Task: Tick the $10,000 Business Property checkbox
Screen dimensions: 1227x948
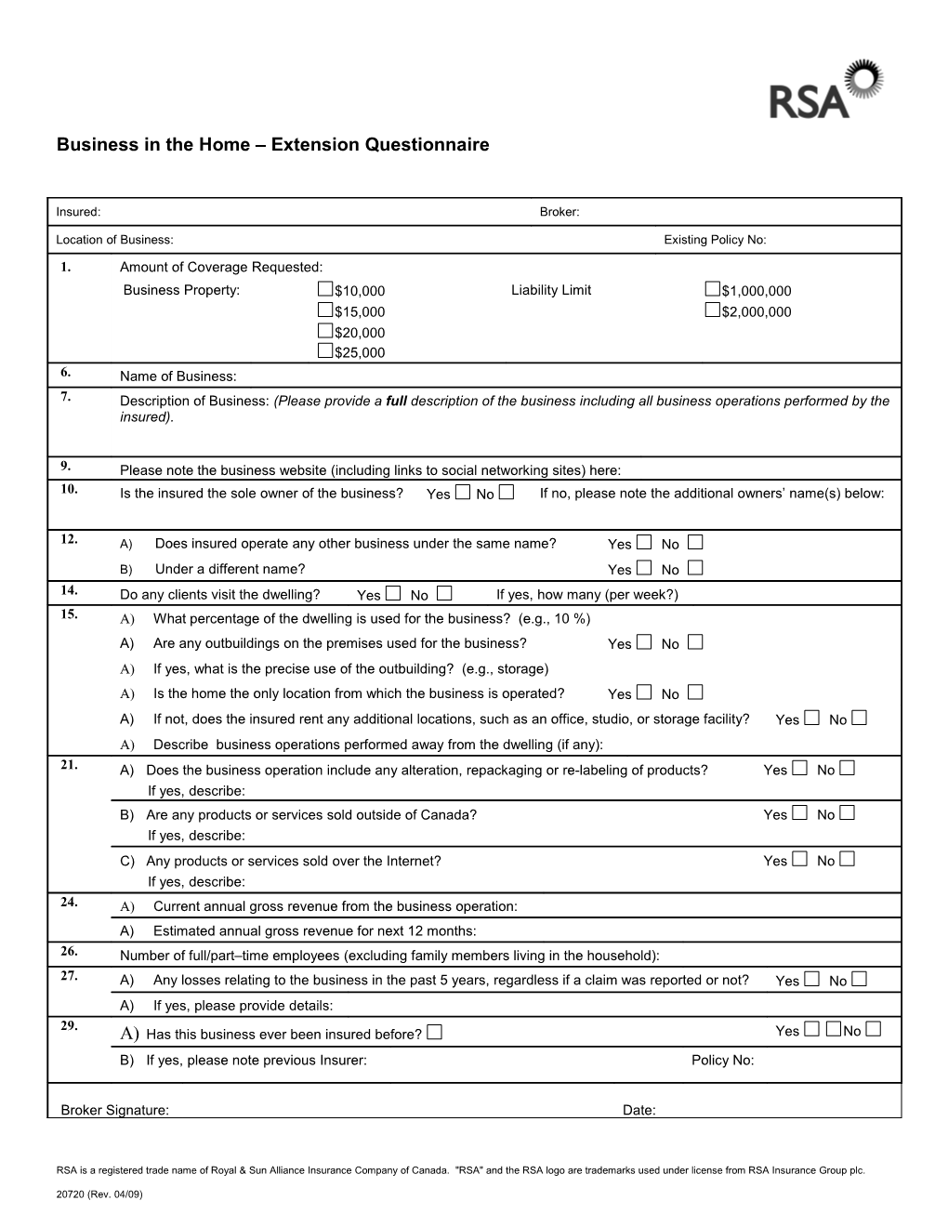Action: pos(324,289)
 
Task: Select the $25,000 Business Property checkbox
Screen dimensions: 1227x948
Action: pos(324,350)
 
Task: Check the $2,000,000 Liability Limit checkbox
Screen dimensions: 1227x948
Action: pos(712,310)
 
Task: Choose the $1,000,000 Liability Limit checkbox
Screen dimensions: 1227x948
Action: pos(712,289)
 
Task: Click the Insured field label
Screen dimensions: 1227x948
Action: pos(78,212)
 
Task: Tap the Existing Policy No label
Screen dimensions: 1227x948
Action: pos(714,240)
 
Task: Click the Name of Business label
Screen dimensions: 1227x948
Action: pos(178,376)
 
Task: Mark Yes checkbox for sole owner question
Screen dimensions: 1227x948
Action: pos(463,492)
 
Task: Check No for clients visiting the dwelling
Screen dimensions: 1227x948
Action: pos(444,593)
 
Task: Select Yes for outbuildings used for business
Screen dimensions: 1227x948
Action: pos(644,641)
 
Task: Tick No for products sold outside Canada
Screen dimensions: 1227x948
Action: pos(847,812)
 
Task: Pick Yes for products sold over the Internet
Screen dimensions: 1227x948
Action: pos(800,859)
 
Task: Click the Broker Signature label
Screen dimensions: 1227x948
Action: pos(114,1110)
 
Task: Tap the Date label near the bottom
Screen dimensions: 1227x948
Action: pos(639,1110)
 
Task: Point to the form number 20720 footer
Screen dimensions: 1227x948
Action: pos(99,1194)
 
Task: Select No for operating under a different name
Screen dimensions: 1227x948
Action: pos(695,567)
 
